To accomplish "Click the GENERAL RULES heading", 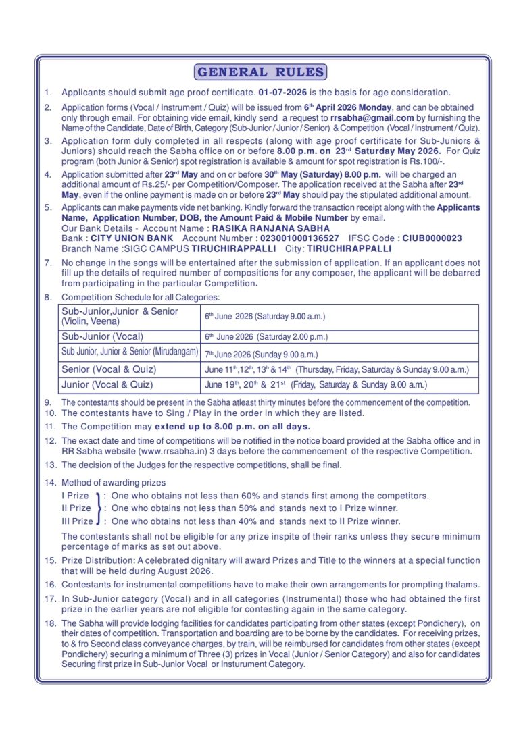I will [x=260, y=72].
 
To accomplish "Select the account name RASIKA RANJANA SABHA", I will [x=271, y=229].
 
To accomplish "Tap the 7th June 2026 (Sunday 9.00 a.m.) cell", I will [x=261, y=354].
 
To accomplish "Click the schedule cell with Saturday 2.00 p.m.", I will [x=266, y=336].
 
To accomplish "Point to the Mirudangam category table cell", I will [x=129, y=352].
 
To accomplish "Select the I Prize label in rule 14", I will [x=75, y=496].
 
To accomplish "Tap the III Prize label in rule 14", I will [x=77, y=521].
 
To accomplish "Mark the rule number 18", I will [x=49, y=623].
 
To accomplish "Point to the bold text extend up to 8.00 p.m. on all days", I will [x=232, y=427].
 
